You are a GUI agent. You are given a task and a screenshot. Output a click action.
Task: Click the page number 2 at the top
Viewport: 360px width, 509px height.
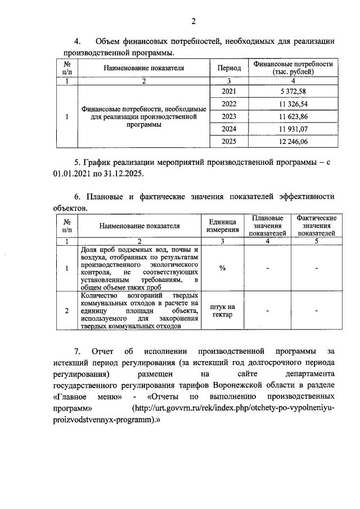point(193,22)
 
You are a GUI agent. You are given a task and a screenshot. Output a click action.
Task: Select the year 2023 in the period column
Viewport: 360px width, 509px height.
point(229,116)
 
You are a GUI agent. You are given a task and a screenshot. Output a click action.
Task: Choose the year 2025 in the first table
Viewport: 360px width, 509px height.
point(229,142)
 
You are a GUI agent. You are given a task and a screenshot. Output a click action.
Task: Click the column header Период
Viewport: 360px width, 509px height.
point(229,68)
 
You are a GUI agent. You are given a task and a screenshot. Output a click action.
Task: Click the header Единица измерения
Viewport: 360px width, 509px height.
point(222,226)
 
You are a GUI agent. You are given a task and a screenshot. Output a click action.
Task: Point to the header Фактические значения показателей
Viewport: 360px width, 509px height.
point(317,226)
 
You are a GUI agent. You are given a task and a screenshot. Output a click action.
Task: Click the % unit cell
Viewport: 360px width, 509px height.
point(222,268)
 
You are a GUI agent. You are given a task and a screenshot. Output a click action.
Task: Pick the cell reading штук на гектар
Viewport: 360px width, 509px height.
point(222,310)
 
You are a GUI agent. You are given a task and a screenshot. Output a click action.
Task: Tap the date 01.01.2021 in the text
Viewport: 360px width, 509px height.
point(73,174)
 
